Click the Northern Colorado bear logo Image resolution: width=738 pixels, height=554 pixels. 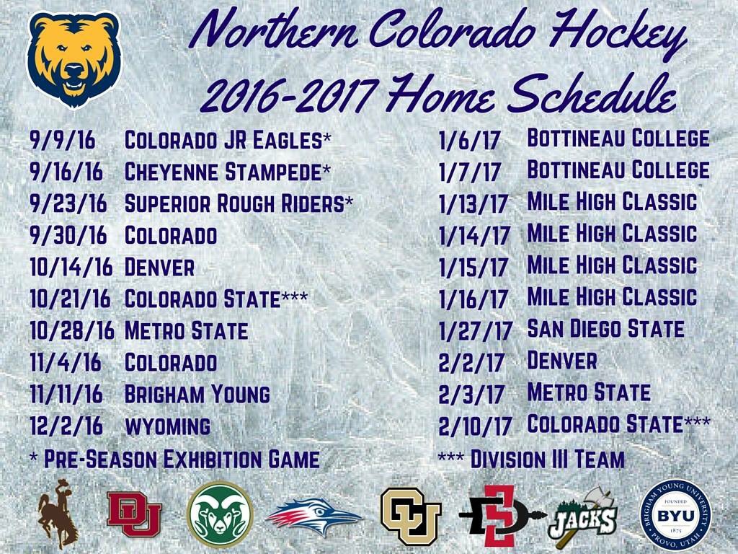click(74, 59)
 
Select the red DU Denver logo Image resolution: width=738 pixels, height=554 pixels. click(134, 514)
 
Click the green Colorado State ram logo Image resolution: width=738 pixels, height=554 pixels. click(220, 514)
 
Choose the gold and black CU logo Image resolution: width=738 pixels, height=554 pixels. click(410, 516)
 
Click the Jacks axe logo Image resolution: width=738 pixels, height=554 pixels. click(584, 516)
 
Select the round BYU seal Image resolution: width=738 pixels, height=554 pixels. click(675, 515)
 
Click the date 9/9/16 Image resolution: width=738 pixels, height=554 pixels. click(63, 140)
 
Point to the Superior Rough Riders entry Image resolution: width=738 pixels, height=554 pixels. click(239, 204)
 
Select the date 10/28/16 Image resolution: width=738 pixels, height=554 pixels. click(72, 330)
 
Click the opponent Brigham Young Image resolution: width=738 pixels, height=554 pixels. click(197, 394)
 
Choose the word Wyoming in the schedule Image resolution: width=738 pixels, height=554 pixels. click(167, 426)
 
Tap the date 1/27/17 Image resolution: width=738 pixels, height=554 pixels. click(475, 331)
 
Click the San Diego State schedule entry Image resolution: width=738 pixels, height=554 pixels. click(605, 329)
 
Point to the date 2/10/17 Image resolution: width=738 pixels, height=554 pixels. click(475, 426)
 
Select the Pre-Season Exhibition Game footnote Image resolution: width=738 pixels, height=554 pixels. click(174, 459)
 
